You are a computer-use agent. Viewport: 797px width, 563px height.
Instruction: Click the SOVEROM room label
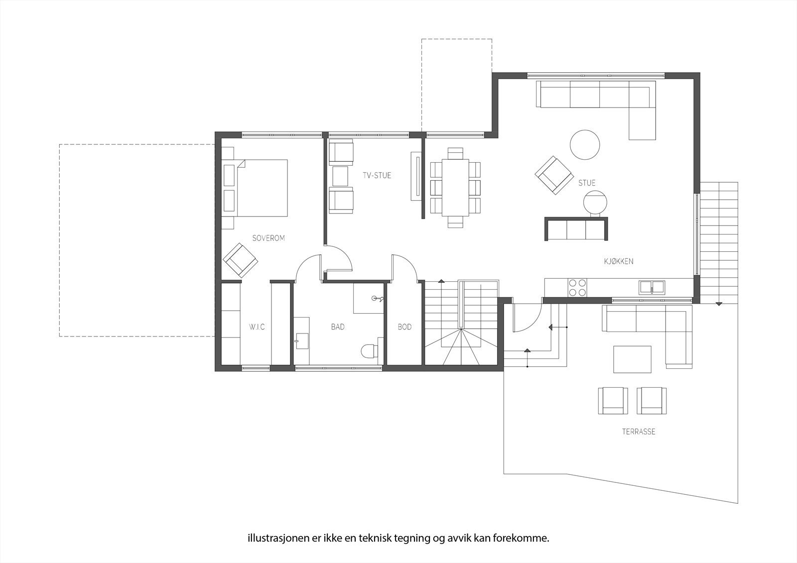tap(268, 238)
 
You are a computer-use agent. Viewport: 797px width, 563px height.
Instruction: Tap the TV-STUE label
tap(377, 175)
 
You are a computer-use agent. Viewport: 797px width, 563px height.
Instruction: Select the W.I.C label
tap(257, 327)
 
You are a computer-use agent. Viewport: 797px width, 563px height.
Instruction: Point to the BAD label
tap(338, 327)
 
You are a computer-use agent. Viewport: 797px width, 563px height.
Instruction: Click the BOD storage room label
tap(404, 327)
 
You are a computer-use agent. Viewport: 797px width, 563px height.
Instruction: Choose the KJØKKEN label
tap(619, 261)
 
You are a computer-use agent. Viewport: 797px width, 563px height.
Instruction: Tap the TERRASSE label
tap(638, 432)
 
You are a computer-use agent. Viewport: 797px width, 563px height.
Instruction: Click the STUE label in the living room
tap(587, 183)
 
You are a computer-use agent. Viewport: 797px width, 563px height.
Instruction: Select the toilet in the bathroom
tap(368, 351)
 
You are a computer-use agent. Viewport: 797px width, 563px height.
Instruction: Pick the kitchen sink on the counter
tap(652, 287)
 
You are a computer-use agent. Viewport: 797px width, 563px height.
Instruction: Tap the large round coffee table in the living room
tap(584, 145)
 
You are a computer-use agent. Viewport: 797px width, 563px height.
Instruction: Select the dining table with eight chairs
tap(455, 187)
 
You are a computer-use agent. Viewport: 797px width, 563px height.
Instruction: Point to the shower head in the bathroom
tap(377, 299)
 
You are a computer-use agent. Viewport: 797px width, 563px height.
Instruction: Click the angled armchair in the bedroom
tap(240, 260)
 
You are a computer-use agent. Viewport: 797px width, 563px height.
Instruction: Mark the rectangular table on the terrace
tap(632, 359)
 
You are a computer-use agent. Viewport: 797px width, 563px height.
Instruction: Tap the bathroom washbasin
tap(301, 341)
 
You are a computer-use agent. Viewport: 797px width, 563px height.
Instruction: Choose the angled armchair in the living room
tap(553, 174)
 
